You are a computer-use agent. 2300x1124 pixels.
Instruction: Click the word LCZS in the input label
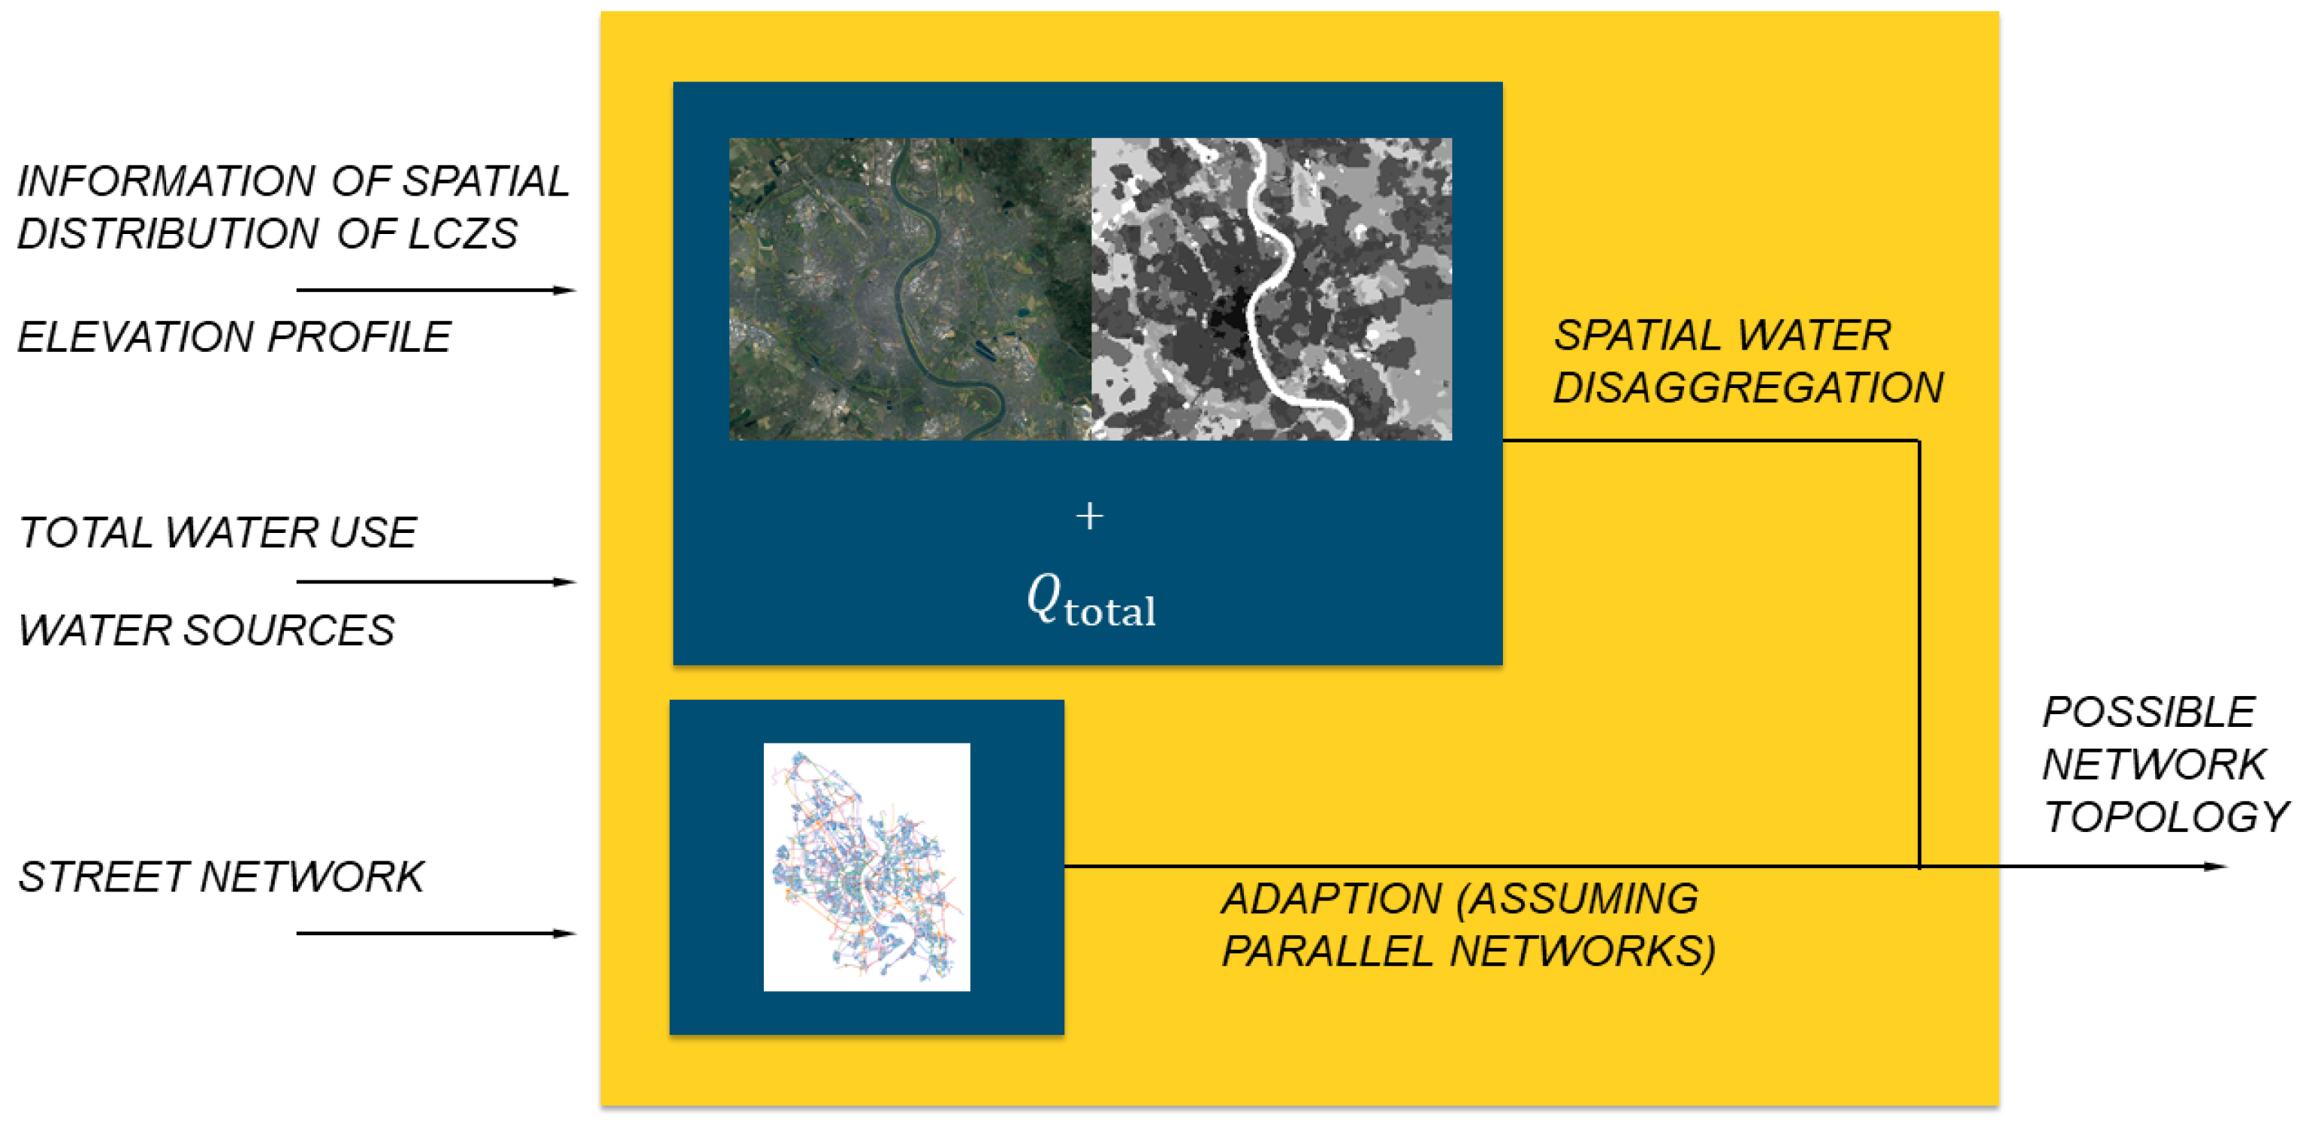click(x=463, y=234)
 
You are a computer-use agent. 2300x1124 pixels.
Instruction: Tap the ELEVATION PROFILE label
click(x=234, y=337)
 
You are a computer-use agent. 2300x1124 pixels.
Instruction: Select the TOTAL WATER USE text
click(x=217, y=533)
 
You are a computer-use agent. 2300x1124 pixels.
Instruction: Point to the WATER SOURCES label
click(x=206, y=630)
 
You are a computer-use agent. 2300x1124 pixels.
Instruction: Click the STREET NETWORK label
click(x=220, y=876)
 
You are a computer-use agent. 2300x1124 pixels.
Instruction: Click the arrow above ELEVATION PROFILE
click(x=436, y=290)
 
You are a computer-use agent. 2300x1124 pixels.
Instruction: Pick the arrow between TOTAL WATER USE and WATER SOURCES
click(x=436, y=582)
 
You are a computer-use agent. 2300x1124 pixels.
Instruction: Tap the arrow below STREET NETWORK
click(x=436, y=934)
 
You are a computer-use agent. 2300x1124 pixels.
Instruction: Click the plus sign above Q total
click(x=1089, y=516)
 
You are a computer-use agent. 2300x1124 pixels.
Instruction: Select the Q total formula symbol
click(x=1090, y=600)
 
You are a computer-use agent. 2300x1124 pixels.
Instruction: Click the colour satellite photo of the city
click(x=910, y=289)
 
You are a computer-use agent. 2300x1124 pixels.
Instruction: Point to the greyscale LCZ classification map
click(x=1271, y=289)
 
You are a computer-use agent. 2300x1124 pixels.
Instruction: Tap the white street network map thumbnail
click(x=867, y=867)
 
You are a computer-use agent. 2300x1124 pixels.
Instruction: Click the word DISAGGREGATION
click(x=1748, y=387)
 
